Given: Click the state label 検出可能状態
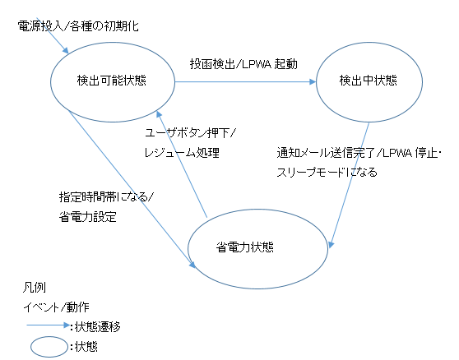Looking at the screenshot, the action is (112, 81).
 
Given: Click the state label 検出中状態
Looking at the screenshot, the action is (369, 81).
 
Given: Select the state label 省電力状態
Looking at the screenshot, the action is (245, 247).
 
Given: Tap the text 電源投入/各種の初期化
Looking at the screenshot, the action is (78, 26).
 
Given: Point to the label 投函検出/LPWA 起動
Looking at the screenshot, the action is (243, 64).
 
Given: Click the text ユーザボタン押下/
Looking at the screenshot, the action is (190, 133).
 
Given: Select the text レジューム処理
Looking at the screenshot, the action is (182, 153).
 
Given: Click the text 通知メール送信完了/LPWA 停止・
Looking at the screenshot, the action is (359, 153).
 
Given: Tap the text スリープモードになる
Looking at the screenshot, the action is (327, 173).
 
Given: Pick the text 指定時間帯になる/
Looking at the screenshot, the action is (106, 197).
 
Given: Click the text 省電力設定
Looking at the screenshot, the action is (88, 217).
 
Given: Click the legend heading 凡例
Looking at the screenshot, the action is (35, 288).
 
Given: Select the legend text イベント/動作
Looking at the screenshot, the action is (56, 307).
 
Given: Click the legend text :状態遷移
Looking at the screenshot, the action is (95, 327).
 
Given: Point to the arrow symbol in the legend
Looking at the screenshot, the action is (49, 325).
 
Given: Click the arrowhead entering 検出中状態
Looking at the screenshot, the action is (313, 82).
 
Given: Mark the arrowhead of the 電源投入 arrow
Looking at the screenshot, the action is (65, 50).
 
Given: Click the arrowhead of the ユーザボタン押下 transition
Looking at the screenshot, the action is (159, 114).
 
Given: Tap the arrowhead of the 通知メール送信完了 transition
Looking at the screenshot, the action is (331, 244).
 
